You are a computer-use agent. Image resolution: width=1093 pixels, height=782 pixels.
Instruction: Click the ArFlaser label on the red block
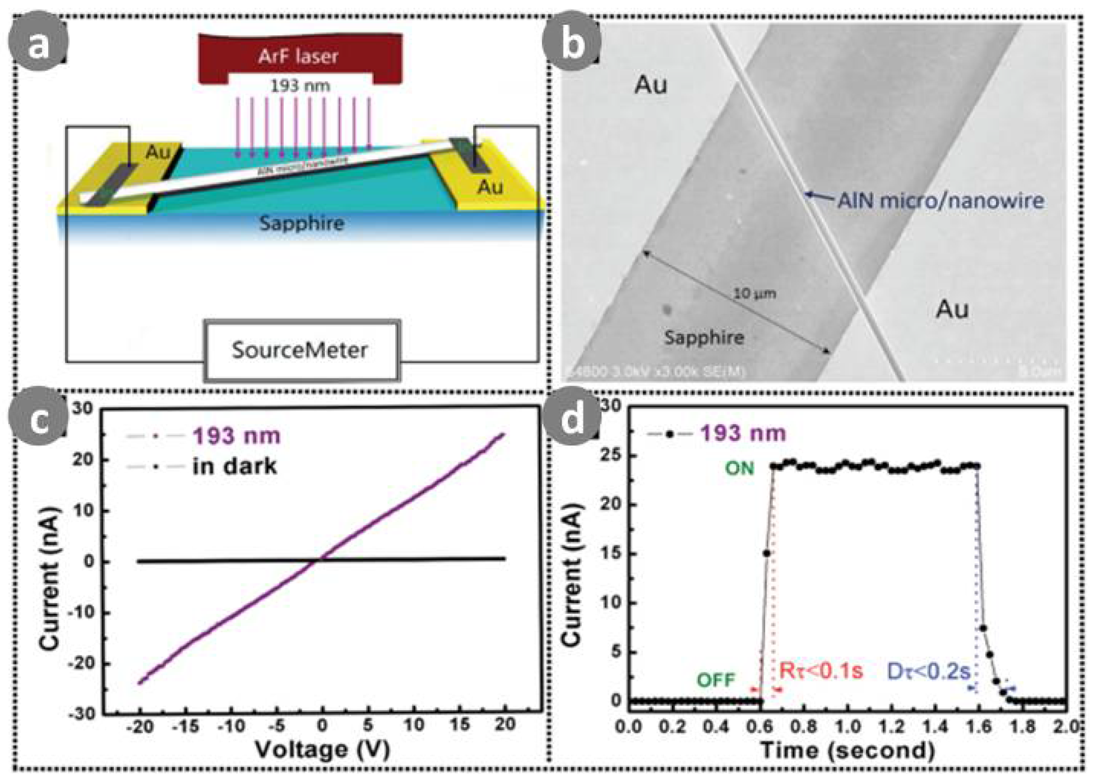(298, 56)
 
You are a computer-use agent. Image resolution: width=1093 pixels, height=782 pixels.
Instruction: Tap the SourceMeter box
(300, 350)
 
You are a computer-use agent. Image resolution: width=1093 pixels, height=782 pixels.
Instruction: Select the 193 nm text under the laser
(300, 86)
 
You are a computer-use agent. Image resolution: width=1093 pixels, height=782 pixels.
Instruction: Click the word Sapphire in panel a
(302, 223)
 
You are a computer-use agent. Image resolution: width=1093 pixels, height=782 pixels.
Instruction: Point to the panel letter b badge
(572, 43)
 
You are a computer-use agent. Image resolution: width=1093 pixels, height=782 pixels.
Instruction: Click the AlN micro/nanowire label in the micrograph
(941, 200)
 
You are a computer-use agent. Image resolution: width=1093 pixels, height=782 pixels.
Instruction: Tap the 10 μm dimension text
(754, 293)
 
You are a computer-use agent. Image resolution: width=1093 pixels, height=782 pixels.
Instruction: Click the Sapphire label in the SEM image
(704, 337)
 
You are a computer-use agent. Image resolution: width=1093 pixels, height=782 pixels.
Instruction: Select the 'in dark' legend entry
(234, 466)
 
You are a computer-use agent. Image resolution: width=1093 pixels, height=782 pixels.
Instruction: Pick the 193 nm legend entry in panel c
(236, 436)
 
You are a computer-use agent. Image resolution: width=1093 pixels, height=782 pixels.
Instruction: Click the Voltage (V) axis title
(322, 749)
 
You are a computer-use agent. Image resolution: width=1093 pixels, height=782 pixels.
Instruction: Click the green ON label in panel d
(739, 468)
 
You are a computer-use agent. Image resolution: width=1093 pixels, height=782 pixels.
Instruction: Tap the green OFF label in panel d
(716, 680)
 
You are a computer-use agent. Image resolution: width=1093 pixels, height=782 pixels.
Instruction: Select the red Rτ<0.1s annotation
(821, 670)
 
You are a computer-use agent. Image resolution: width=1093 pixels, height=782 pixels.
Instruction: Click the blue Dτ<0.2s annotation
(928, 671)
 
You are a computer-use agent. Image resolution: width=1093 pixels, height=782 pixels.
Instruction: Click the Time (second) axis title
(847, 750)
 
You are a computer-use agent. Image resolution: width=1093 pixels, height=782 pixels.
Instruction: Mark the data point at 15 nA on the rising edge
(767, 553)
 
